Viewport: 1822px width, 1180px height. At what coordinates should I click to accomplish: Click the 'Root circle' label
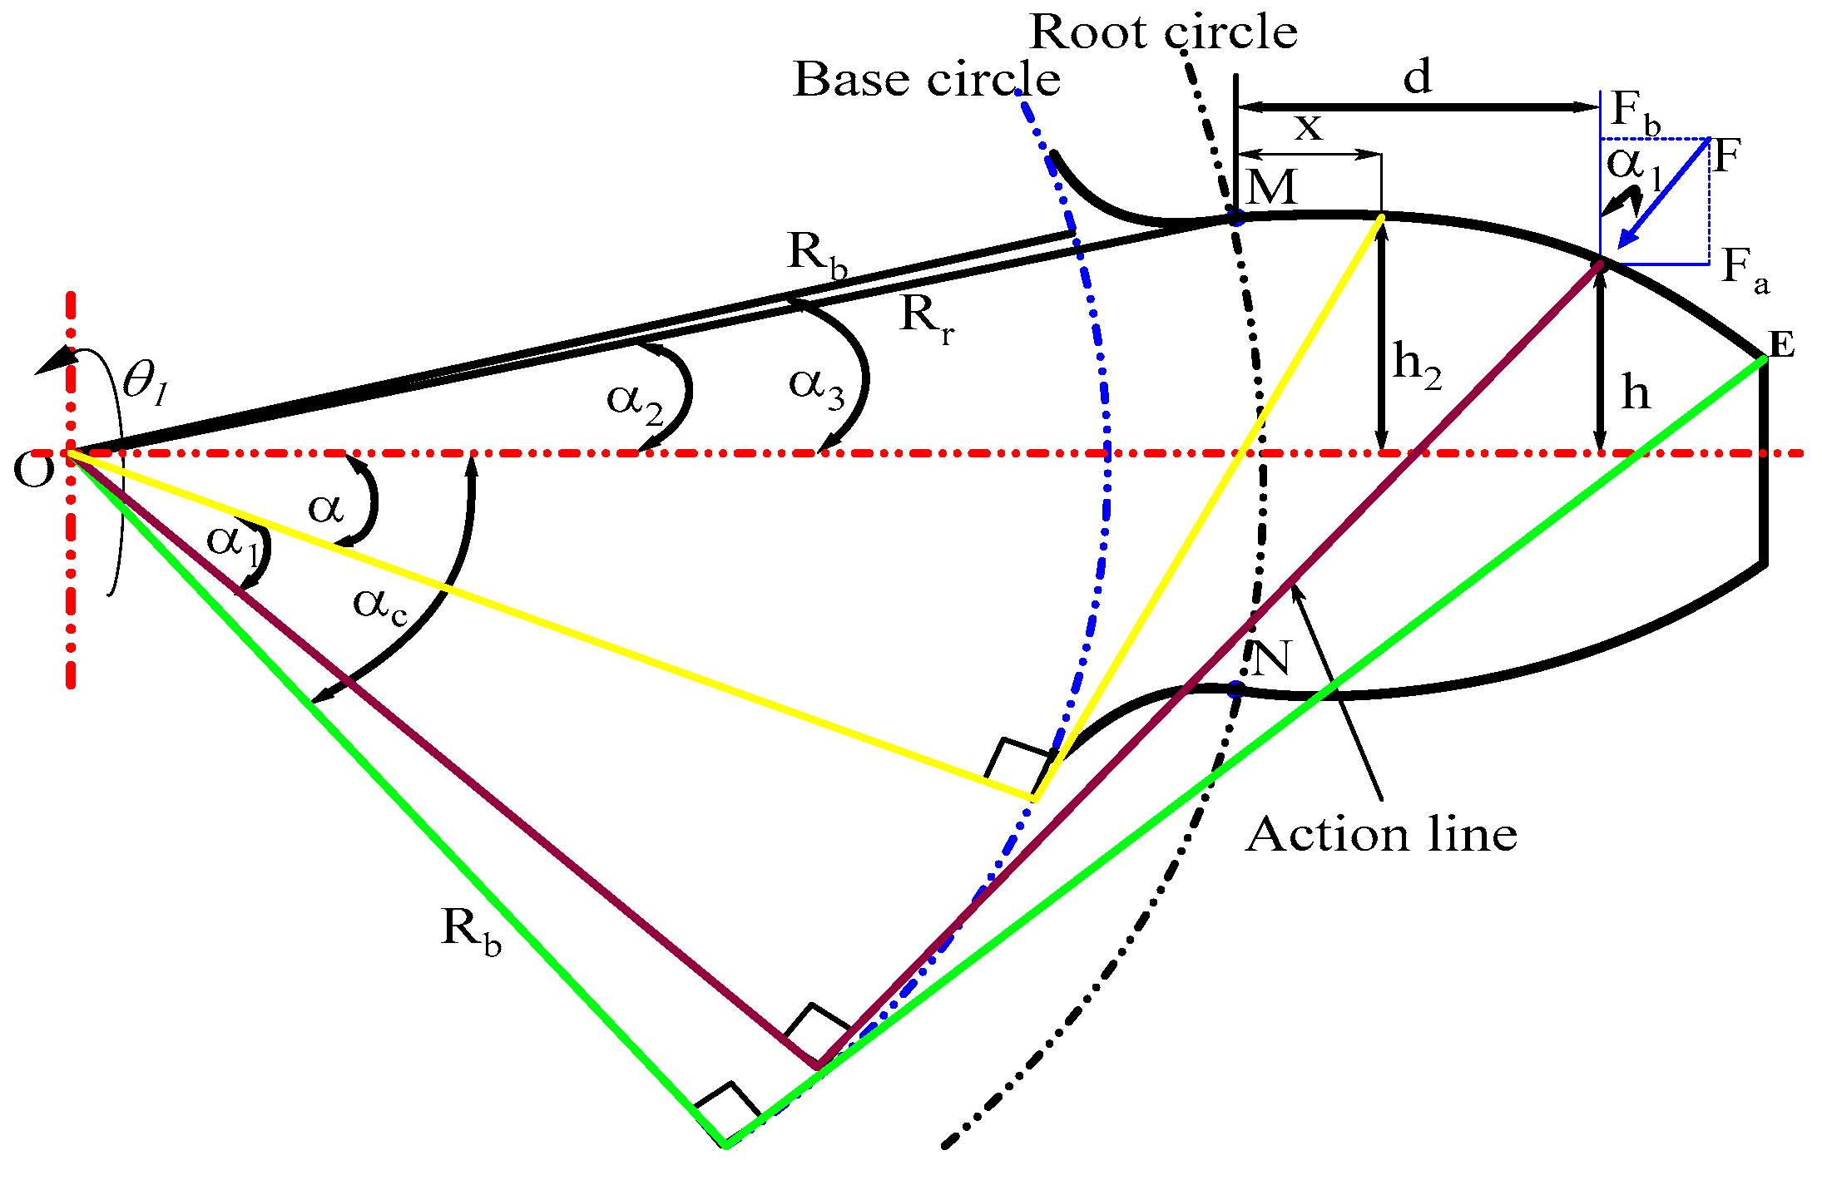click(x=1163, y=33)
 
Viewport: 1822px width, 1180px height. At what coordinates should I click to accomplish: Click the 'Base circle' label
click(x=927, y=80)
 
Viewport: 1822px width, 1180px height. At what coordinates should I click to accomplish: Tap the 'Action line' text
click(x=1381, y=834)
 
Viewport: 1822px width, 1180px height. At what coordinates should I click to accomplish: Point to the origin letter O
click(x=33, y=471)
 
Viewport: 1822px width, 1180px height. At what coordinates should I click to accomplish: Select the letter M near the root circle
click(x=1272, y=188)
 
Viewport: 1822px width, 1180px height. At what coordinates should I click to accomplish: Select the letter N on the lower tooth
click(x=1270, y=659)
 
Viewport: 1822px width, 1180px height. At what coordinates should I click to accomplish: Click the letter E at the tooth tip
click(x=1781, y=343)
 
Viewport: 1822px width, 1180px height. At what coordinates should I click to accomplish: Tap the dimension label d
click(x=1418, y=77)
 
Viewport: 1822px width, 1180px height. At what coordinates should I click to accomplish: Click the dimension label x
click(x=1309, y=127)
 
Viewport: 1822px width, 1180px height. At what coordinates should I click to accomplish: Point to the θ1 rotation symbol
click(x=146, y=384)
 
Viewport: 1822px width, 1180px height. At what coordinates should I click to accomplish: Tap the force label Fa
click(x=1745, y=270)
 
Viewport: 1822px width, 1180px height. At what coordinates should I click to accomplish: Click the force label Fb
click(x=1636, y=112)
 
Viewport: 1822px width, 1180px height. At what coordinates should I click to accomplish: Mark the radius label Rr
click(x=926, y=318)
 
